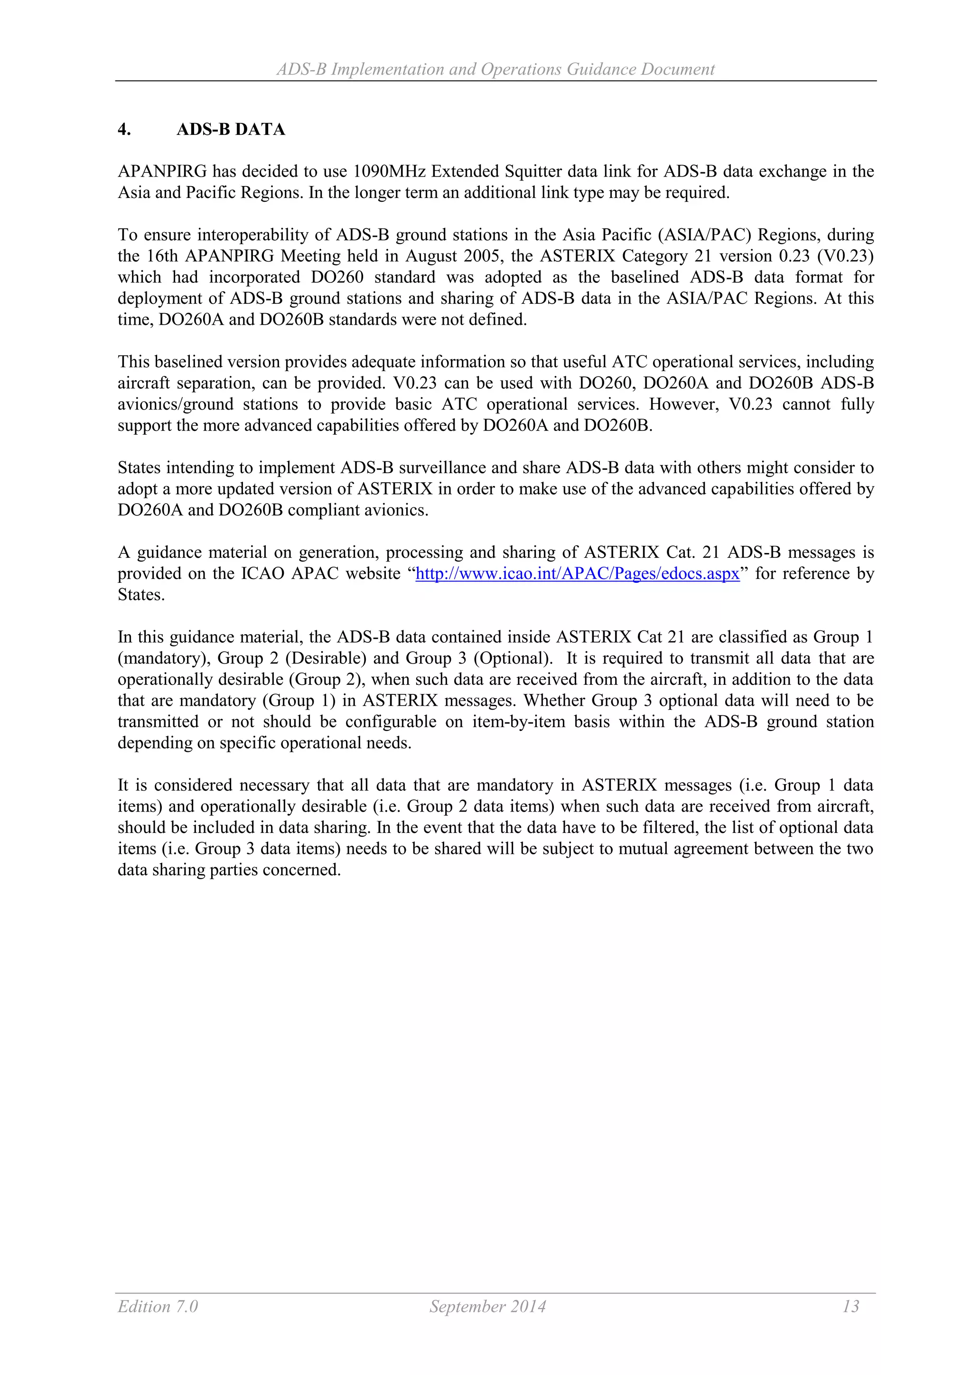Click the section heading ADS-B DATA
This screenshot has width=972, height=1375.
click(x=231, y=130)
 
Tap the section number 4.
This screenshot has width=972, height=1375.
click(x=124, y=130)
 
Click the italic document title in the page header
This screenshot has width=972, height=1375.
click(x=495, y=69)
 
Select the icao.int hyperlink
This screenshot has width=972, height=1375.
click(x=577, y=574)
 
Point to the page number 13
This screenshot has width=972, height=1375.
click(x=850, y=1306)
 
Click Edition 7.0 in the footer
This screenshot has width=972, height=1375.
click(x=158, y=1306)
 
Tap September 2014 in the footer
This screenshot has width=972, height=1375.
click(x=487, y=1306)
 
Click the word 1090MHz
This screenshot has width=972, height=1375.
click(x=389, y=172)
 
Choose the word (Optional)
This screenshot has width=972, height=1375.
click(x=513, y=658)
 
